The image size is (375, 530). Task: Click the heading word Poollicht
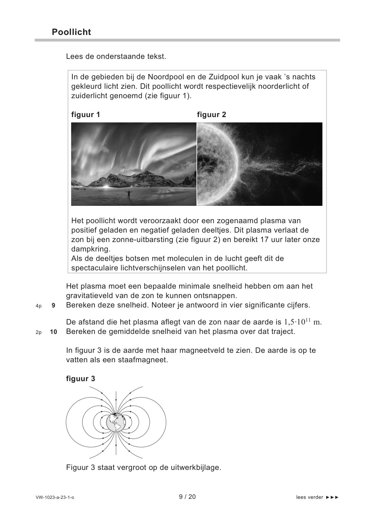71,32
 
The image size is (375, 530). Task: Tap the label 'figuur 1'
86,115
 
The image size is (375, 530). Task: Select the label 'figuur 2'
212,115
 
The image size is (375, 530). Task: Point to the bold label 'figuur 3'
81,379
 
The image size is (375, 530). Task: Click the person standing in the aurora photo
128,194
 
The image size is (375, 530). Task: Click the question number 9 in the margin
54,306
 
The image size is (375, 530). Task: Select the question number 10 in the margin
54,332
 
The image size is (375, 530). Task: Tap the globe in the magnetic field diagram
116,422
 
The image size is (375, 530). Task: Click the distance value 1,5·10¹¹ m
303,322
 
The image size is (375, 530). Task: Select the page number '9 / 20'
187,497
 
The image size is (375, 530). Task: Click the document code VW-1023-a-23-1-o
55,498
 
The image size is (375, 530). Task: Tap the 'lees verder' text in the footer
310,498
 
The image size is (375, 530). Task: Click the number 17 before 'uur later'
265,240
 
